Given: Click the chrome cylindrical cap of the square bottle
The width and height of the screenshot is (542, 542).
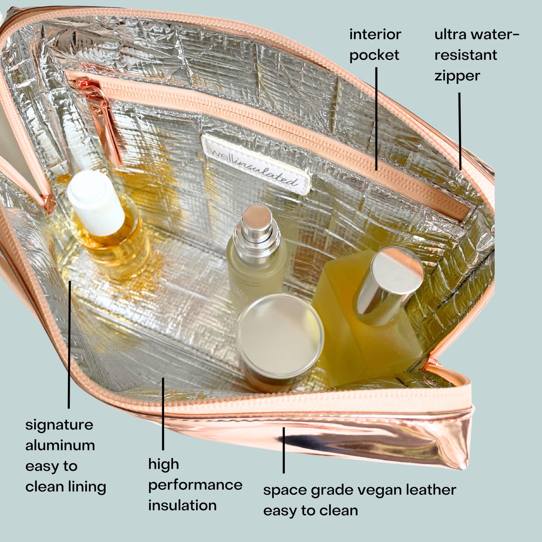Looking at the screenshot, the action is coord(388,285).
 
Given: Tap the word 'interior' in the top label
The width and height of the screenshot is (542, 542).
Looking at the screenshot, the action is coord(375,35).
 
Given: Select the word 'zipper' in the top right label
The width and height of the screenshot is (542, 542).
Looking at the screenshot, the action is coord(457,76).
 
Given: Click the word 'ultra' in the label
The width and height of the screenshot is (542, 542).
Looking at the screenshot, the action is coord(450,35).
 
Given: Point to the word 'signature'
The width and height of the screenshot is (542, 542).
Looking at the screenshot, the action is coord(59,425).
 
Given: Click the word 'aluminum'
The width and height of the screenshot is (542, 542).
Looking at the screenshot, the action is coord(60,445).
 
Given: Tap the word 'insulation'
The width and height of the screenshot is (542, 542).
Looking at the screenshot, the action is coord(182,505).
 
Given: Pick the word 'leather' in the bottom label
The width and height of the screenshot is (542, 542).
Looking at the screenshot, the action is coord(431,490).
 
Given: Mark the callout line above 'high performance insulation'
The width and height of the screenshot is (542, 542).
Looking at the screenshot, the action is coord(163,414).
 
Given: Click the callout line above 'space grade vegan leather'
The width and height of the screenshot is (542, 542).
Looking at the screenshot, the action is coord(284,450).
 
